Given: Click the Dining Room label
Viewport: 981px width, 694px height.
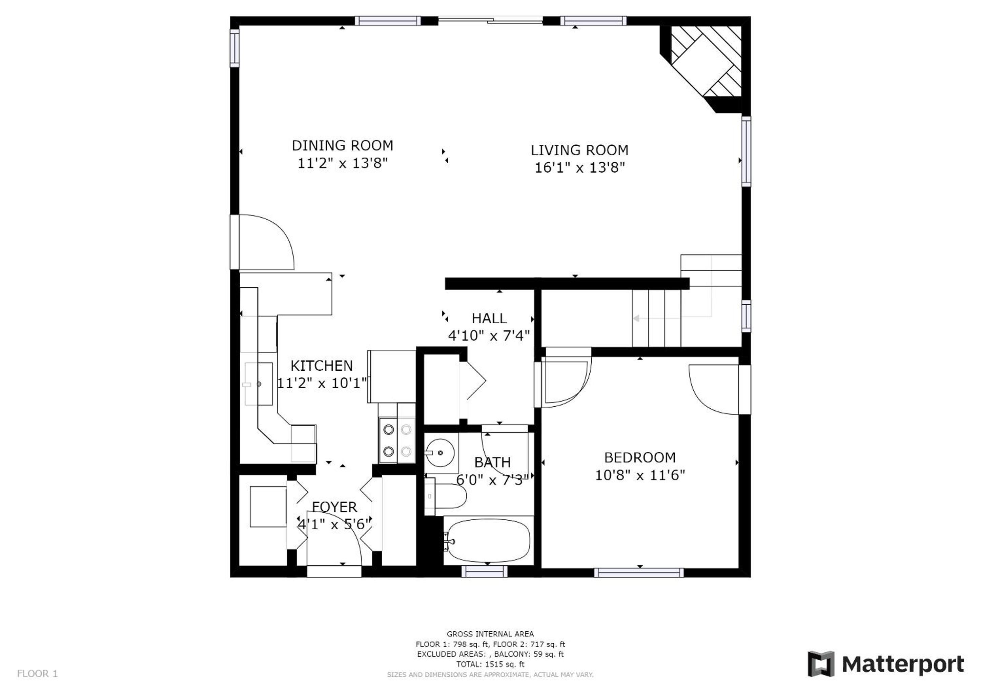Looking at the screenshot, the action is [342, 146].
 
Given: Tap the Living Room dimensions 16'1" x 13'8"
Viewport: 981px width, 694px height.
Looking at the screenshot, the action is [580, 167].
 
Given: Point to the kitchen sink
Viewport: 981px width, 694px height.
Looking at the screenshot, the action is [259, 384].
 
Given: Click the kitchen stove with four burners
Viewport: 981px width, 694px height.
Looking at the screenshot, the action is [397, 440].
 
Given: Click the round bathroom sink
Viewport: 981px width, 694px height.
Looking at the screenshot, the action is [440, 452].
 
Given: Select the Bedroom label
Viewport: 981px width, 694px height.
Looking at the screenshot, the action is [640, 458].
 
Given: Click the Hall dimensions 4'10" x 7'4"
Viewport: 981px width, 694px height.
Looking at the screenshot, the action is [489, 335].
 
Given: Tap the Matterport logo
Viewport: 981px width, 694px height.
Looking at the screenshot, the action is [886, 664].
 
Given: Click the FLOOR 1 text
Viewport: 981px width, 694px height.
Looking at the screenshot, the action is [37, 674].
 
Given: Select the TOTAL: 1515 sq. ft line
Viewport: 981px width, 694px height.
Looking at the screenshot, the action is [490, 665].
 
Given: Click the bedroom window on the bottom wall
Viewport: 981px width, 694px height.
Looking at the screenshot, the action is [639, 573].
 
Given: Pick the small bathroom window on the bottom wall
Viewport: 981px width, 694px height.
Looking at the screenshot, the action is [485, 571].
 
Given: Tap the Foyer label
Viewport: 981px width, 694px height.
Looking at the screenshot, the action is [334, 507].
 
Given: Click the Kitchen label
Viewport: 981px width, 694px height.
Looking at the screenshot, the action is [321, 366].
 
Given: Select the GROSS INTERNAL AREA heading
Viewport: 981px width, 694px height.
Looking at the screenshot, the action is [490, 634].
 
